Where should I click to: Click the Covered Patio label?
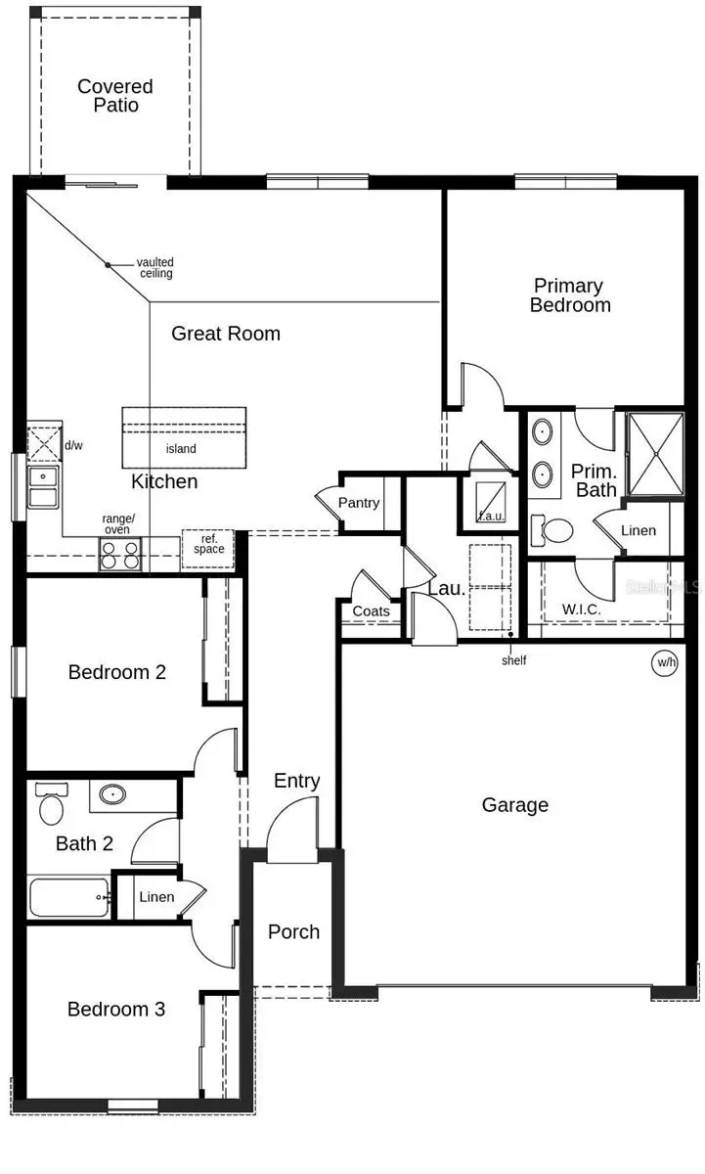point(115,96)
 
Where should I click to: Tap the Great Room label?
point(226,334)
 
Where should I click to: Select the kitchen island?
point(183,437)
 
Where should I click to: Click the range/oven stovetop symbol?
point(120,556)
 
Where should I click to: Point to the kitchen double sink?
point(43,486)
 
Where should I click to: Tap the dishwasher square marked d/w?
point(44,443)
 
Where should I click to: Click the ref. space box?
point(208,545)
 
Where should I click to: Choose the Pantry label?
point(358,503)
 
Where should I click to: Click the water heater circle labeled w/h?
point(666,662)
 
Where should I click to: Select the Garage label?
point(514,805)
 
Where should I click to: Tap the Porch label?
point(293,931)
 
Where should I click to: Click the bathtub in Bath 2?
point(68,897)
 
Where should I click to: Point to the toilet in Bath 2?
point(49,807)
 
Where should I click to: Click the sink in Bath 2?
point(112,794)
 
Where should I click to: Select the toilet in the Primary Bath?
point(553,531)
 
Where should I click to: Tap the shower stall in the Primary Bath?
point(654,455)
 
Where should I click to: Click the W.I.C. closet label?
point(582,610)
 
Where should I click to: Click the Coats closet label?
point(371,611)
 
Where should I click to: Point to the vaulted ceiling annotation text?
point(155,267)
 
